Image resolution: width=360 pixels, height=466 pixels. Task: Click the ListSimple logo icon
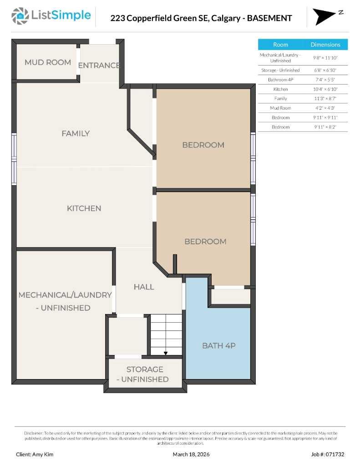[20, 16]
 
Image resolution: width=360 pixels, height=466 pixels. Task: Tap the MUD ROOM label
[48, 62]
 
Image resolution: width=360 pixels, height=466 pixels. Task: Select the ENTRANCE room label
[99, 65]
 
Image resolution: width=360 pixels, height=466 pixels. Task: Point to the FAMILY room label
[76, 133]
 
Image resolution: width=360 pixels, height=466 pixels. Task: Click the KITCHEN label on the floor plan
[84, 208]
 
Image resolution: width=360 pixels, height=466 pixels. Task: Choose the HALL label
[144, 287]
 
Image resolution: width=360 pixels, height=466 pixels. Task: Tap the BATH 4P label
[218, 345]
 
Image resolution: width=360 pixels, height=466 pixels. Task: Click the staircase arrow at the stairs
[166, 353]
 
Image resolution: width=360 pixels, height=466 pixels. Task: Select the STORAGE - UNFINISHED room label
[145, 374]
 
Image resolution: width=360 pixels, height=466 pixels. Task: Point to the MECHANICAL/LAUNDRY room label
[65, 301]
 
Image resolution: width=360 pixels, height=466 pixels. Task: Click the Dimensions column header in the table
[325, 45]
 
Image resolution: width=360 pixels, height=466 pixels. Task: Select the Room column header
[280, 45]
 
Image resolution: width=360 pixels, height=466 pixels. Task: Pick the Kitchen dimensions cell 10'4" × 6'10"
[325, 89]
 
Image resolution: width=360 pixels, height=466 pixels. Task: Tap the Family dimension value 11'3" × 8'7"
[325, 98]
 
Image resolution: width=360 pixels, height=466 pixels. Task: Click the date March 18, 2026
[191, 454]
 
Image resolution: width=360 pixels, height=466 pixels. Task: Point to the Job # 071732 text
[328, 454]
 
